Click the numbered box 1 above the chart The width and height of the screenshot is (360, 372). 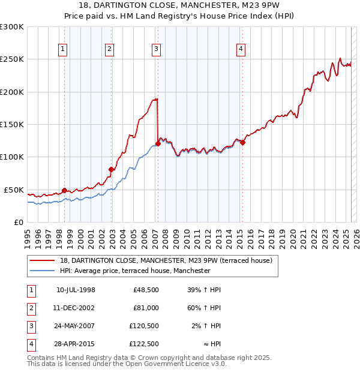click(62, 49)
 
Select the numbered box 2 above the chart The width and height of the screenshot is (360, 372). click(109, 49)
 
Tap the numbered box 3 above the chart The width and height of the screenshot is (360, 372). click(156, 49)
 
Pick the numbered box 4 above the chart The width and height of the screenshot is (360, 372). click(241, 49)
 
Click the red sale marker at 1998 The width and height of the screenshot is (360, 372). click(64, 190)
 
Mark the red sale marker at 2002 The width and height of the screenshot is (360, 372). click(111, 169)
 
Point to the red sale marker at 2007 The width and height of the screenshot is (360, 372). click(158, 143)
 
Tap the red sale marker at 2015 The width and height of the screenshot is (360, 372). click(242, 142)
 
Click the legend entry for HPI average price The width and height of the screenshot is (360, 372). click(134, 271)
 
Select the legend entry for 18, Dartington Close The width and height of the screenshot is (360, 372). click(166, 260)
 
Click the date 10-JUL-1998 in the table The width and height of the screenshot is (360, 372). click(76, 290)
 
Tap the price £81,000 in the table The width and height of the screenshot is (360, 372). click(146, 308)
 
